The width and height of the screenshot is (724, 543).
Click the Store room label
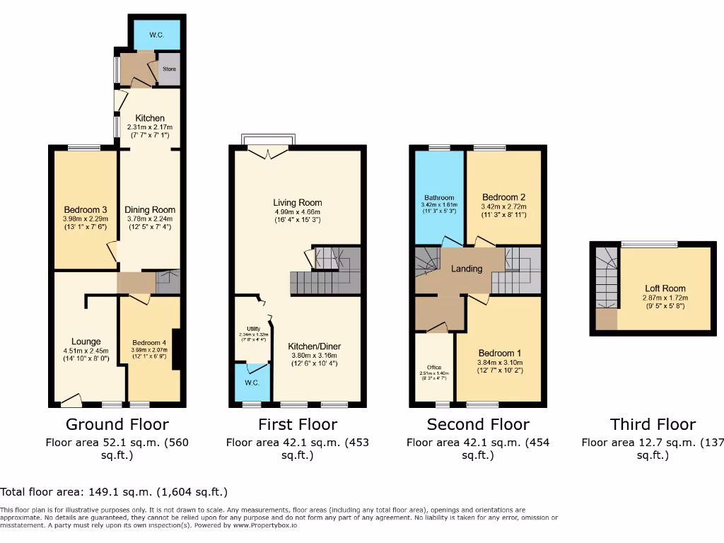coord(169,69)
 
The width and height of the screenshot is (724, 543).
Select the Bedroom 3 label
coord(86,209)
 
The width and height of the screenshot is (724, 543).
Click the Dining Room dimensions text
coord(150,223)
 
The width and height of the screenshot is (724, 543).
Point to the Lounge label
coord(86,341)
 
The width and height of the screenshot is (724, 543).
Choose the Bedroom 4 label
coord(149,344)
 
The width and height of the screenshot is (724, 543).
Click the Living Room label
coord(298,202)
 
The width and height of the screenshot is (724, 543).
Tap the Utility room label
coord(252,329)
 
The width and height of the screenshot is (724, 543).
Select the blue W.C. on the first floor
coord(252,383)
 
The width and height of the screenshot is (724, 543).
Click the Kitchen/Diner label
coord(315,346)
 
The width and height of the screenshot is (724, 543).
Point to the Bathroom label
coord(439,198)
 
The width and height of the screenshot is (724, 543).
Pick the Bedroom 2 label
coord(503,197)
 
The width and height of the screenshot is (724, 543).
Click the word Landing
coord(467,269)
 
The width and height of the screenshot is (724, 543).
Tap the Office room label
coord(433,368)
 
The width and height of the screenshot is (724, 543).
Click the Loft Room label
coord(665,288)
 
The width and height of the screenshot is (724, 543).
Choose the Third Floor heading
coord(653,424)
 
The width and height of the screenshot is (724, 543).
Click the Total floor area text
coord(114,491)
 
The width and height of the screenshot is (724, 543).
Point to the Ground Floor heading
coord(117,424)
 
